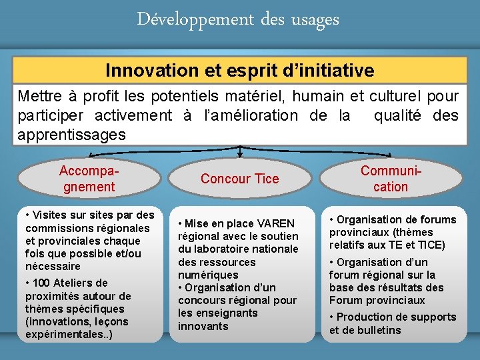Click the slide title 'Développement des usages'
tap(238, 20)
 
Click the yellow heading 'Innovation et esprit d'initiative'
tap(239, 70)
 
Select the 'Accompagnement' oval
tap(89, 179)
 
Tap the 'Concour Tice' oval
tap(239, 179)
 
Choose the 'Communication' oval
tap(391, 179)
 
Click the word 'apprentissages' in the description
tap(71, 134)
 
